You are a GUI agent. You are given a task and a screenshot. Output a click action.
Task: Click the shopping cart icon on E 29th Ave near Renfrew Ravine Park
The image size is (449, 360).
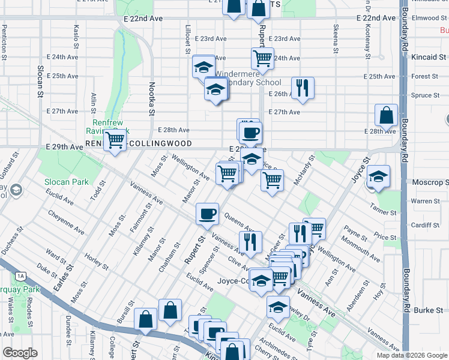pyautogui.click(x=114, y=141)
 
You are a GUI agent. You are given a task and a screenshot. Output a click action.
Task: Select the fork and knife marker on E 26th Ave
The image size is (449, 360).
pyautogui.click(x=303, y=88)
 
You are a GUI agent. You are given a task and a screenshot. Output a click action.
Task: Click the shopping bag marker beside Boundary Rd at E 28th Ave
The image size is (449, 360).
pyautogui.click(x=387, y=115)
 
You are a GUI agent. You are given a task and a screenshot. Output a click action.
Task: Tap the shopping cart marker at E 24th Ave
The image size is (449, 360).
pyautogui.click(x=262, y=59)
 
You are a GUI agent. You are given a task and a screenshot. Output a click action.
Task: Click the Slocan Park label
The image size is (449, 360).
pyautogui.click(x=66, y=182)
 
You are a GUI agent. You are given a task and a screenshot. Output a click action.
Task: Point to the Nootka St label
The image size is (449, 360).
pyautogui.click(x=152, y=99)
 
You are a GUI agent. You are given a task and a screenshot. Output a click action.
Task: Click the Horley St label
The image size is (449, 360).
pyautogui.click(x=97, y=262)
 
